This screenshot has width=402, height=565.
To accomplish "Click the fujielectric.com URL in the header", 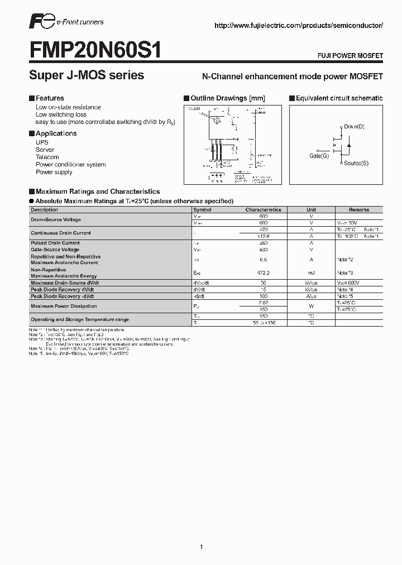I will [x=299, y=26].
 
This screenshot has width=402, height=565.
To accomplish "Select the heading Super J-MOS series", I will [x=87, y=75].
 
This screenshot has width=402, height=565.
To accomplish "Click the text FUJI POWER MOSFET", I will [x=351, y=56].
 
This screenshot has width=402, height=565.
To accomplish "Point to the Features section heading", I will [x=50, y=98].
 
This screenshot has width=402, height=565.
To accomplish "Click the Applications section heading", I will [x=56, y=133].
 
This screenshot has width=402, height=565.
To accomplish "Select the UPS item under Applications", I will [x=42, y=142].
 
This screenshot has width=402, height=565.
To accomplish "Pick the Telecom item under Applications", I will [x=47, y=157].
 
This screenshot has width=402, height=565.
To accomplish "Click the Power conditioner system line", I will [x=70, y=165].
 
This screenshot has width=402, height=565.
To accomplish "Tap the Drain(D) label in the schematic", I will [x=354, y=127].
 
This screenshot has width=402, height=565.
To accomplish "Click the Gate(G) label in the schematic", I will [x=319, y=156].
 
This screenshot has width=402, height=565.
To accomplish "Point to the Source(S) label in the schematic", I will [x=356, y=163].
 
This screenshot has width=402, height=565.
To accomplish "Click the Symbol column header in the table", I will [x=202, y=210].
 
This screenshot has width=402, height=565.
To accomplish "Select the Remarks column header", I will [x=358, y=210].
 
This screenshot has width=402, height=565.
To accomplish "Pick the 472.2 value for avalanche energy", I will [x=264, y=272].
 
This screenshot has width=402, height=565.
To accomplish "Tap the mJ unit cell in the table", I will [x=311, y=272].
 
